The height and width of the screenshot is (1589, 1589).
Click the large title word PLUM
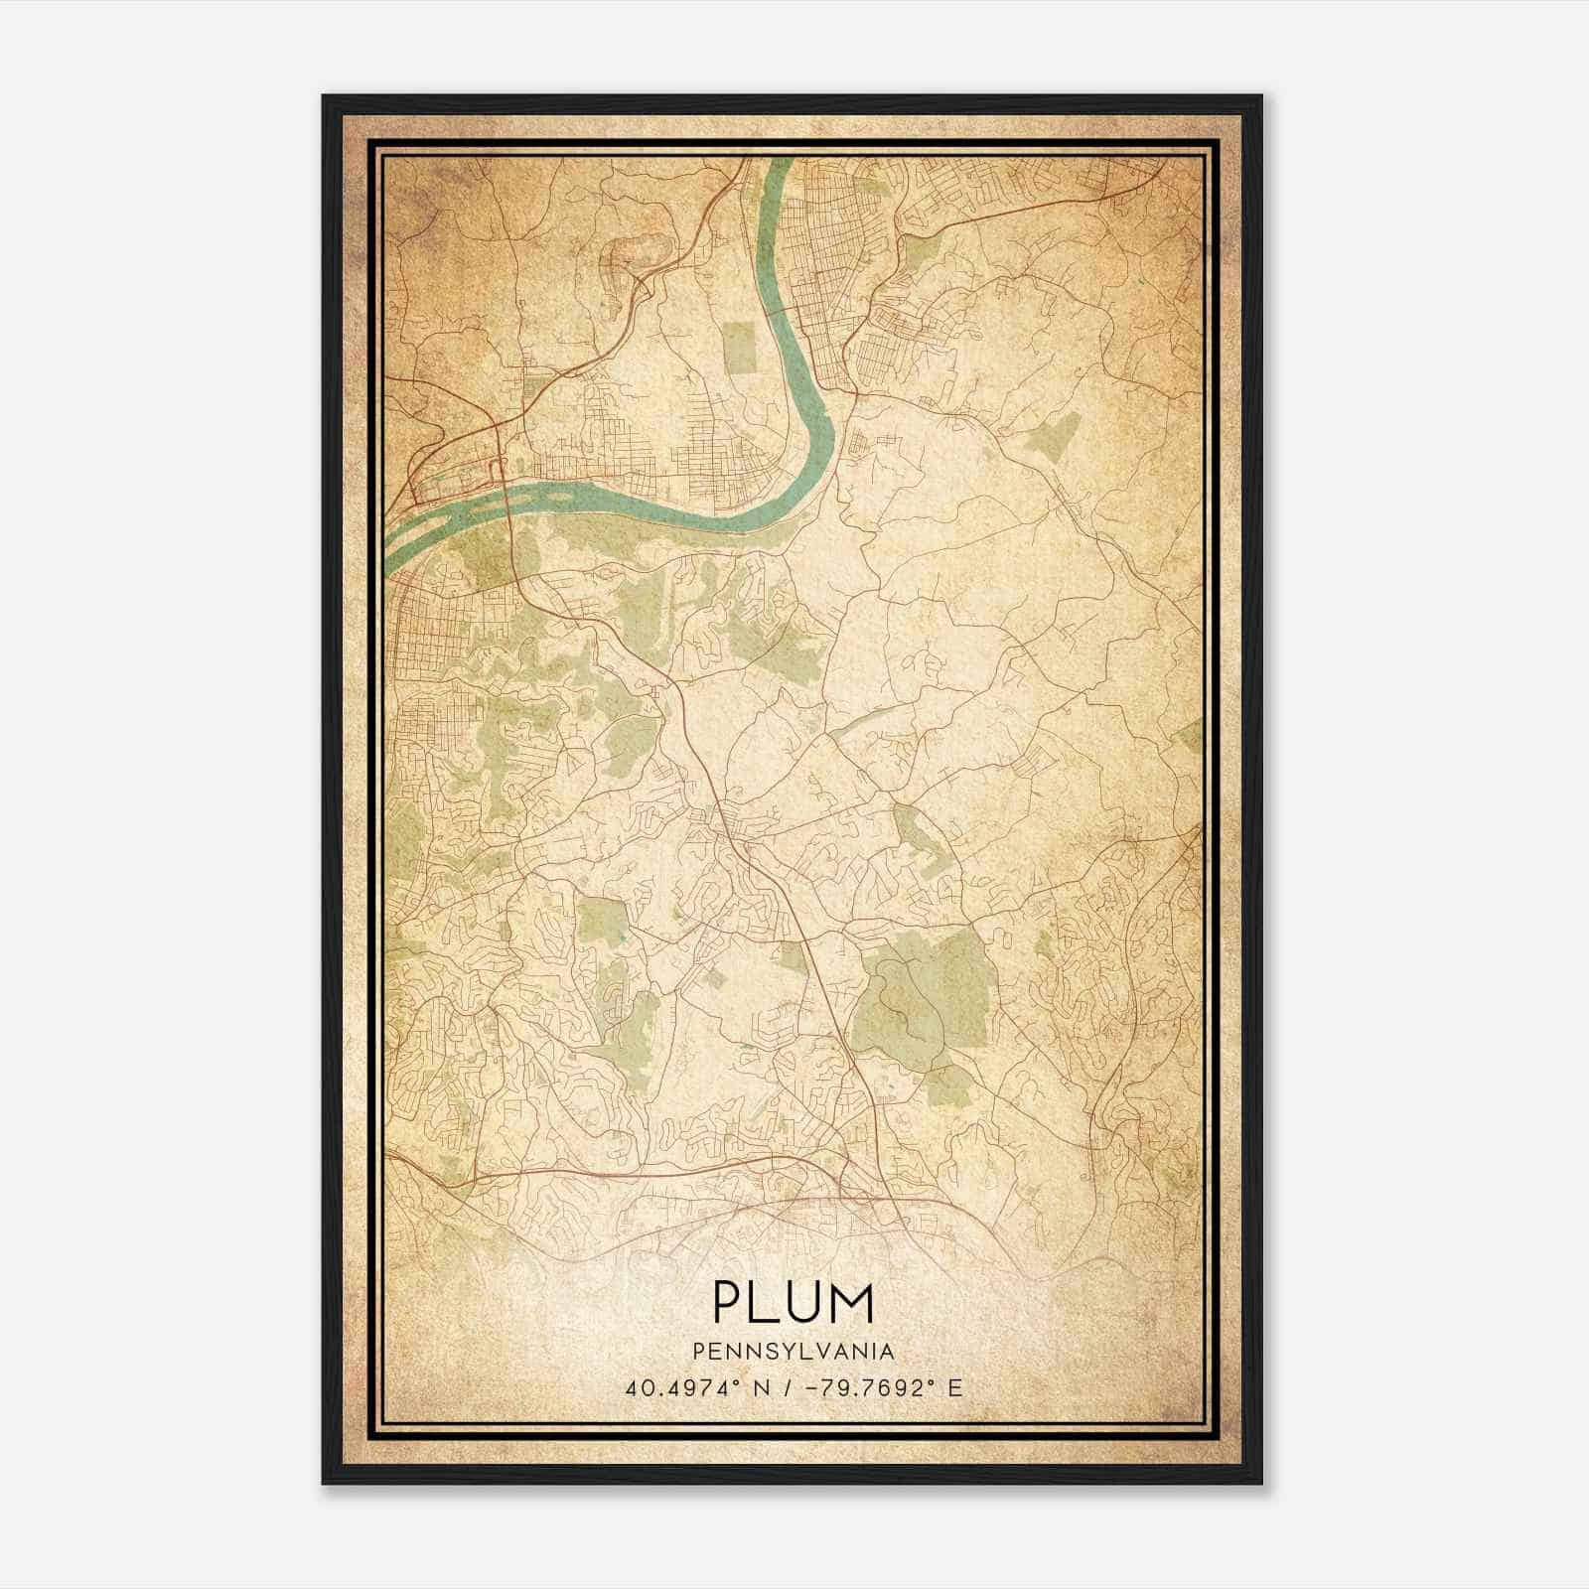click(794, 1303)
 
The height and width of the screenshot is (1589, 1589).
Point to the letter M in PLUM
click(853, 1303)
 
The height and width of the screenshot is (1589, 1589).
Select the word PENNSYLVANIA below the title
click(794, 1352)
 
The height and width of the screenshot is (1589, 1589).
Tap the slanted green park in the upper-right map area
click(1056, 435)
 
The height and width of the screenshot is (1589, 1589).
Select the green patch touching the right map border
click(1190, 737)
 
